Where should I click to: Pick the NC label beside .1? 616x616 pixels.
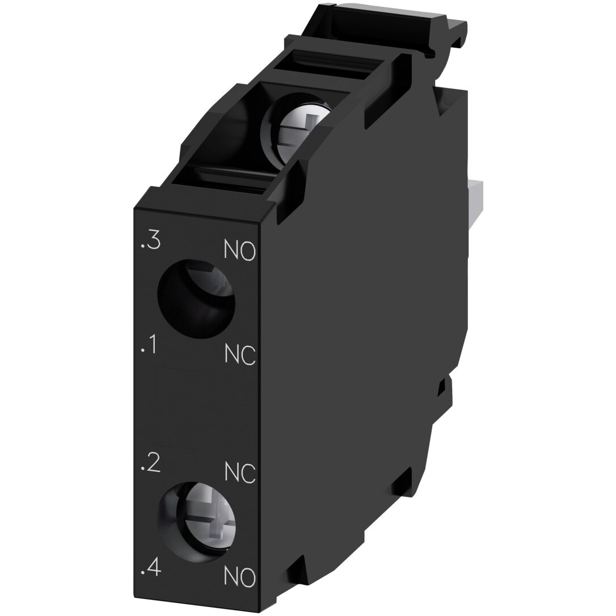click(x=240, y=355)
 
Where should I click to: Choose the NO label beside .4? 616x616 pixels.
click(x=239, y=577)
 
